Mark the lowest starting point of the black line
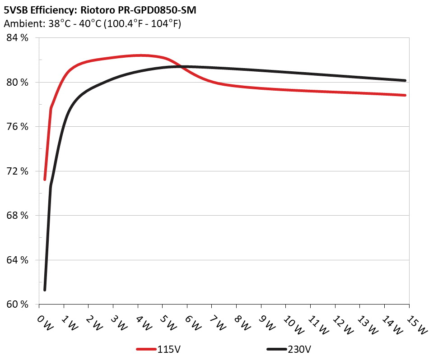pos(45,290)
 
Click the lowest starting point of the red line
pos(45,180)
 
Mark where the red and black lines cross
pos(181,67)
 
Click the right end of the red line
pos(405,95)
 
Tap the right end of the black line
pos(405,80)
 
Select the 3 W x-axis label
pos(118,323)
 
